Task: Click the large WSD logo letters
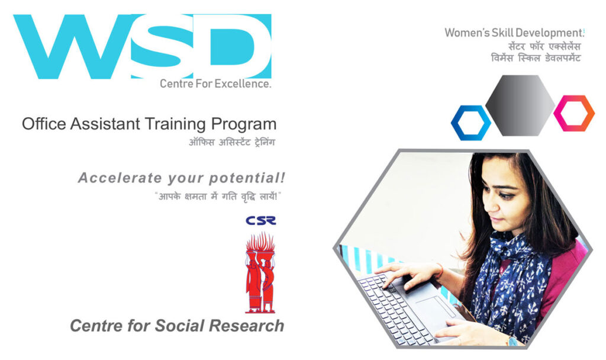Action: point(142,46)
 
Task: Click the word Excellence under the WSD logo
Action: point(243,83)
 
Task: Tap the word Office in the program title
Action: point(44,124)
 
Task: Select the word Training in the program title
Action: point(175,124)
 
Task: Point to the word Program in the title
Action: point(243,125)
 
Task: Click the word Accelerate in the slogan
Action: point(120,178)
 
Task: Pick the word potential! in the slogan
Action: point(247,178)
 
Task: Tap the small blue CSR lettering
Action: point(261,220)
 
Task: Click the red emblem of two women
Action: point(260,272)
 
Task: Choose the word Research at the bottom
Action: point(246,326)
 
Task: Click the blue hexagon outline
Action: point(458,123)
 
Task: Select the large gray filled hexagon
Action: point(520,105)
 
